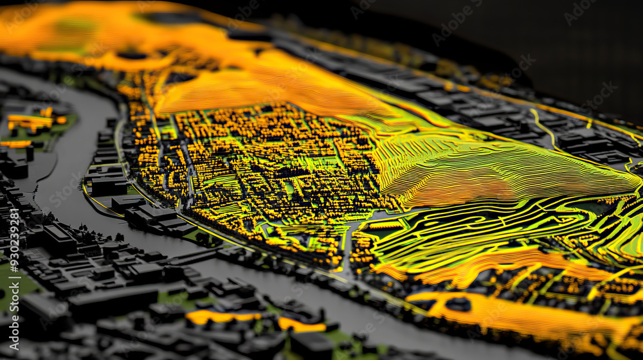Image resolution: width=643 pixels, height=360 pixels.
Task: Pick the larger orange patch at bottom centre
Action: pos(222,316)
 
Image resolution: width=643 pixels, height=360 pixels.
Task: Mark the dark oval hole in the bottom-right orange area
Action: pos(458,303)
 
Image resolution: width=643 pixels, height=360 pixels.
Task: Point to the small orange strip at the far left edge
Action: pos(15,144)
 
